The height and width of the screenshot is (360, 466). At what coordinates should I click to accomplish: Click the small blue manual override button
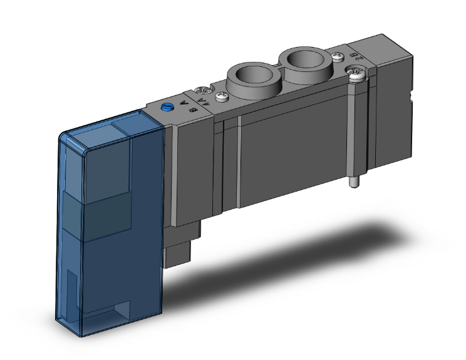pyautogui.click(x=167, y=108)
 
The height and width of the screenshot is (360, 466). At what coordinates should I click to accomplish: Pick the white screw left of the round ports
pyautogui.click(x=222, y=96)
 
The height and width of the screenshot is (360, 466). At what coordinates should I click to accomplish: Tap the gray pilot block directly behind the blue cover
pyautogui.click(x=188, y=169)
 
